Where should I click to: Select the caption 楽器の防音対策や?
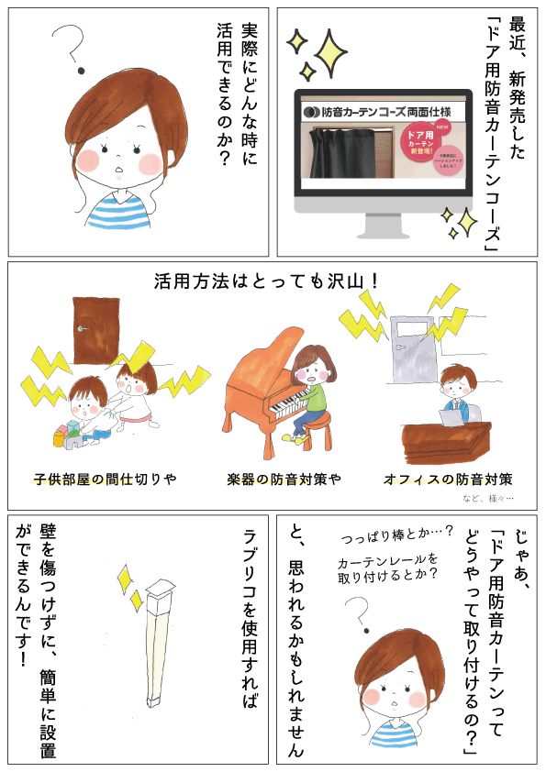[274, 480]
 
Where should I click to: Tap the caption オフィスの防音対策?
[448, 480]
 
